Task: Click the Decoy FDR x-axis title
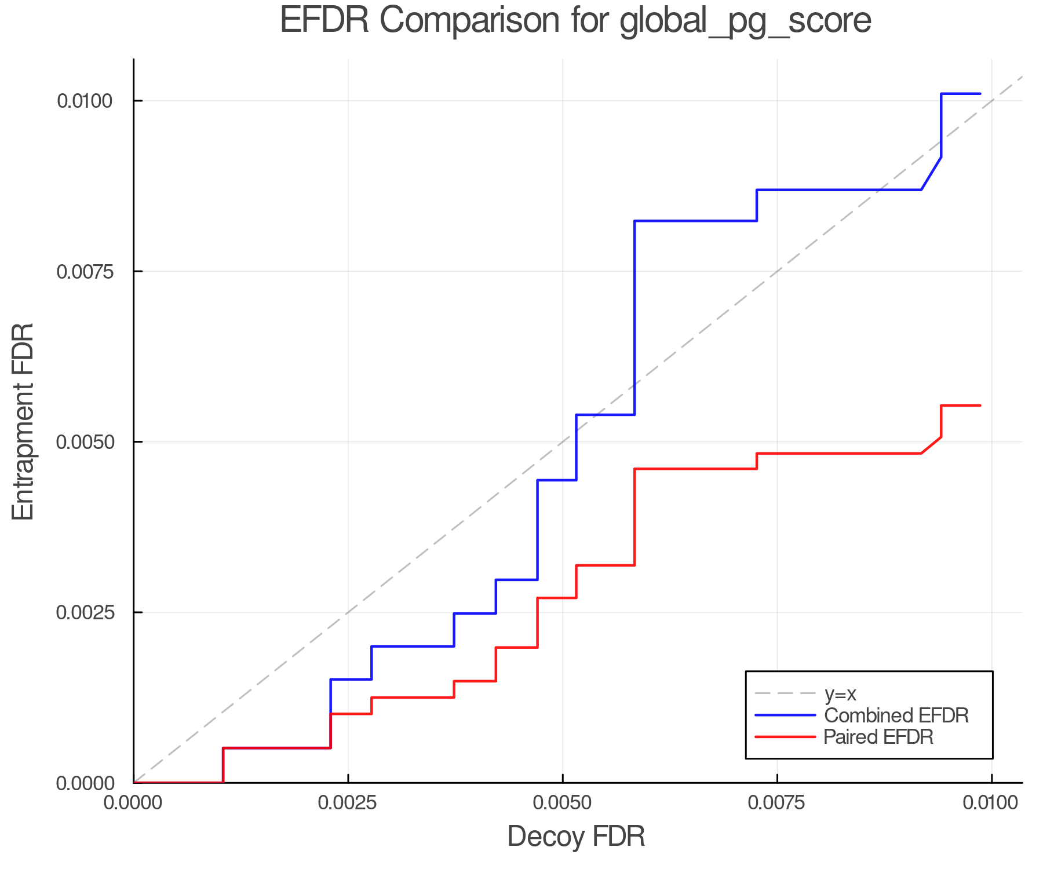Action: (x=576, y=837)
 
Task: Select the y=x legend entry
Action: (x=840, y=693)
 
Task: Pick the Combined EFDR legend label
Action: (x=896, y=715)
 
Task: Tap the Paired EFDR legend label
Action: (x=878, y=737)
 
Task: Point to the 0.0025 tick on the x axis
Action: (x=348, y=803)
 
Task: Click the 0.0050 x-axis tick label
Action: (x=562, y=803)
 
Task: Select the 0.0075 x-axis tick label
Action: (x=777, y=803)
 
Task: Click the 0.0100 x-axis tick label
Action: (x=991, y=803)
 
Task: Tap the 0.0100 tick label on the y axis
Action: (x=84, y=101)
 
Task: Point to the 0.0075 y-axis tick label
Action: (x=84, y=271)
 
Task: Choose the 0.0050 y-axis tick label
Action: (x=84, y=442)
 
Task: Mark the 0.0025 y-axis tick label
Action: (x=84, y=612)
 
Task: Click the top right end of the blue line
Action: (x=980, y=93)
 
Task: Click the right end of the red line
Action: (x=980, y=406)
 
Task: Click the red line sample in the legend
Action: (x=785, y=737)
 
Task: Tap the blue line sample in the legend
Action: (x=785, y=715)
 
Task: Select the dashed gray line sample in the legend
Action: (x=785, y=693)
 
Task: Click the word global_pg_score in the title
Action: (x=745, y=22)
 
